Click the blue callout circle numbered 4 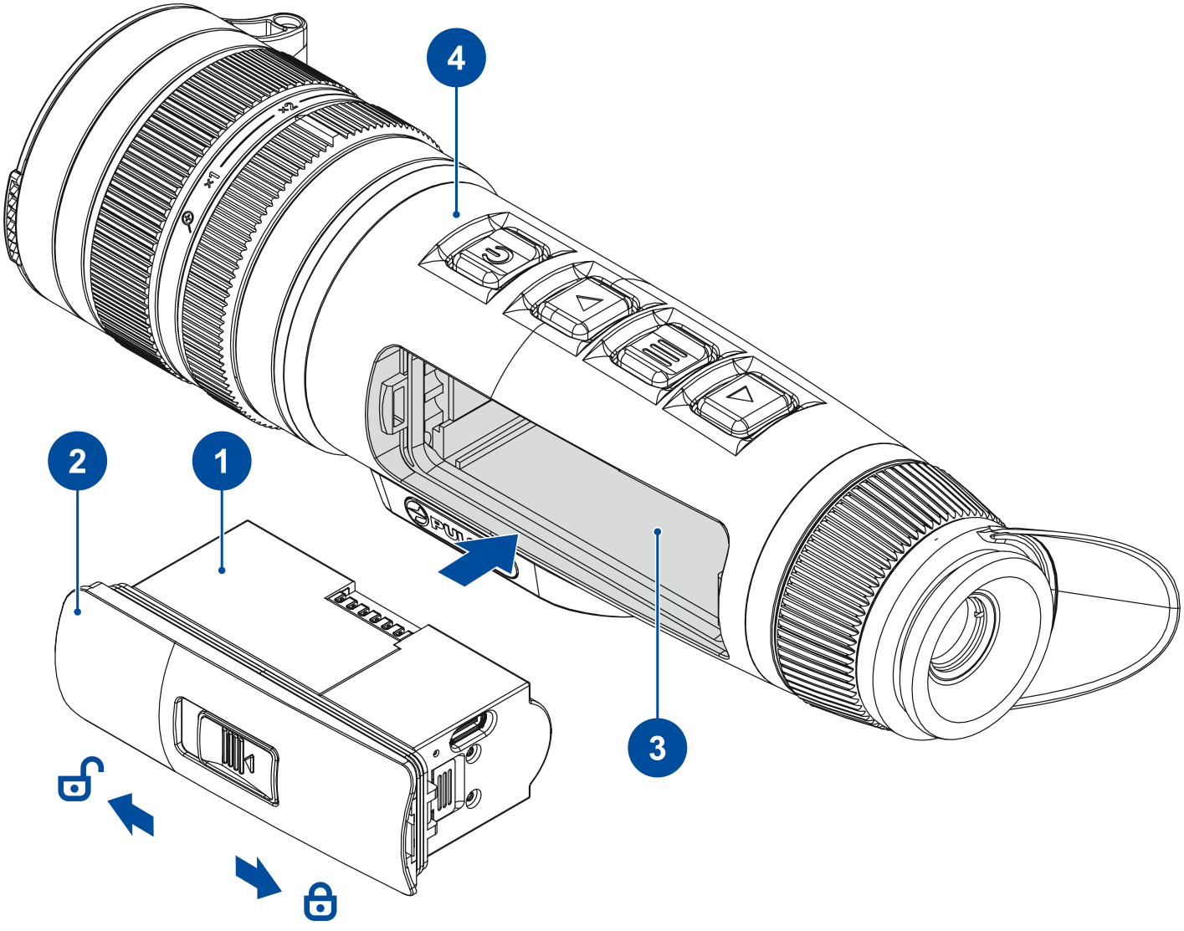coord(456,58)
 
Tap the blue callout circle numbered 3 coord(658,747)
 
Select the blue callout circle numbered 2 coord(77,460)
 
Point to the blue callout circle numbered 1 coord(222,460)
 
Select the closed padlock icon coord(320,902)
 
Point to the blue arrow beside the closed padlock coord(258,875)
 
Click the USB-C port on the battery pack coord(473,727)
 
